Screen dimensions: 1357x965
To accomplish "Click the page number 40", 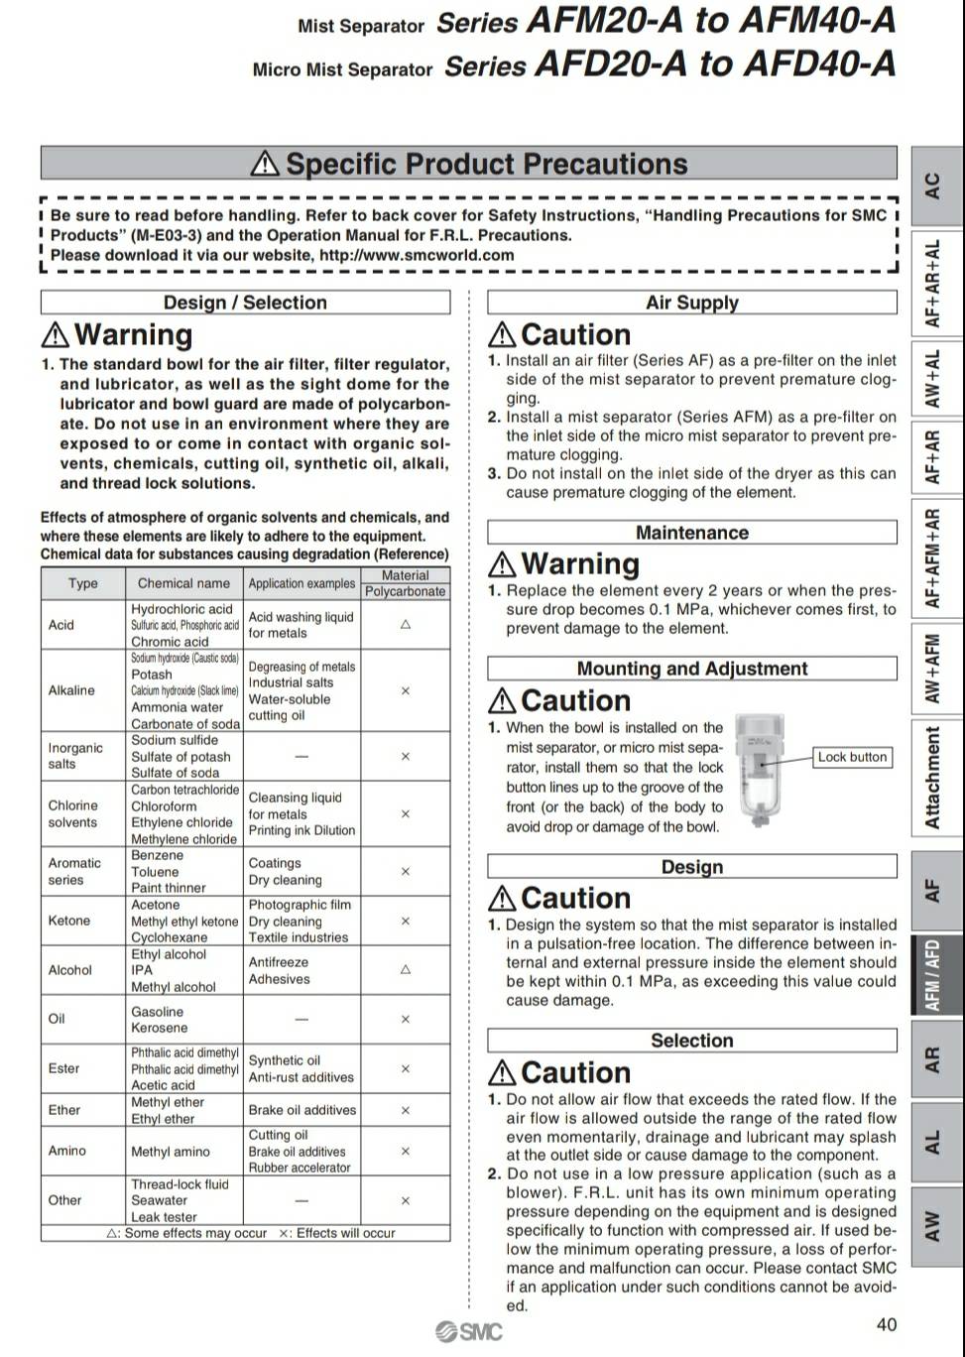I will point(887,1324).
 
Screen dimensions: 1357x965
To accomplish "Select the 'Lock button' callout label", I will point(852,757).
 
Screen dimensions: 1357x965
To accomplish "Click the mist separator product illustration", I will point(759,770).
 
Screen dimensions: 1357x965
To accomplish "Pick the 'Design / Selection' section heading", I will point(245,303).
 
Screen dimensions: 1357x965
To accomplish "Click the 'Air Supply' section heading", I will point(691,303).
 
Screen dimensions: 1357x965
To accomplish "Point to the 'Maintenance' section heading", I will point(691,533).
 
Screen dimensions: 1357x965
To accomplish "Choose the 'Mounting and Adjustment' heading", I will point(691,669).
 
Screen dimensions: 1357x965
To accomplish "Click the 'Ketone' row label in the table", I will point(69,921).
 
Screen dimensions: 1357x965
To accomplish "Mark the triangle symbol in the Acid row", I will point(405,625).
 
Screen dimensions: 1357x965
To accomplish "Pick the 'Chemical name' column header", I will point(183,583).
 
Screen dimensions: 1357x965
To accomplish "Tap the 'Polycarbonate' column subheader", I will point(405,591).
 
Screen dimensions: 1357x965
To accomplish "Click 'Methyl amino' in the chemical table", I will point(171,1152).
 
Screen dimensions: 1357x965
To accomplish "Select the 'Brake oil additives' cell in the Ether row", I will point(302,1110).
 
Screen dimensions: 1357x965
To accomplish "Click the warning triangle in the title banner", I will point(265,164).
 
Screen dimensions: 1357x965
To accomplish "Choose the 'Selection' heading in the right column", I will point(691,1041).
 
